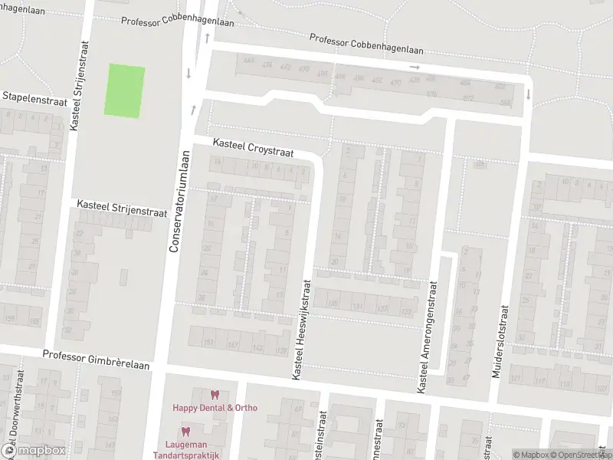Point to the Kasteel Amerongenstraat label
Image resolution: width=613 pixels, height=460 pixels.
(426, 337)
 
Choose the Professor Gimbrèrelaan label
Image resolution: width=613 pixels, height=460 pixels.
(96, 355)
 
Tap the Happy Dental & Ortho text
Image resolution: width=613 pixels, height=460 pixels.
(215, 408)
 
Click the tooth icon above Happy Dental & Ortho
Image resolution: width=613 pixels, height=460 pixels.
(215, 395)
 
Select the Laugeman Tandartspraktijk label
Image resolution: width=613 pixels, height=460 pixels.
(192, 449)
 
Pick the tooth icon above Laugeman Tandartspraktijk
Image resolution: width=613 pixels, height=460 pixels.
(185, 432)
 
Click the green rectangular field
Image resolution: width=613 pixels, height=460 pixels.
(124, 90)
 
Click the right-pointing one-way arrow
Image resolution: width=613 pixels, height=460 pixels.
(415, 67)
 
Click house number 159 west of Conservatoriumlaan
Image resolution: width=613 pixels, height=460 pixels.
(10, 319)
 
